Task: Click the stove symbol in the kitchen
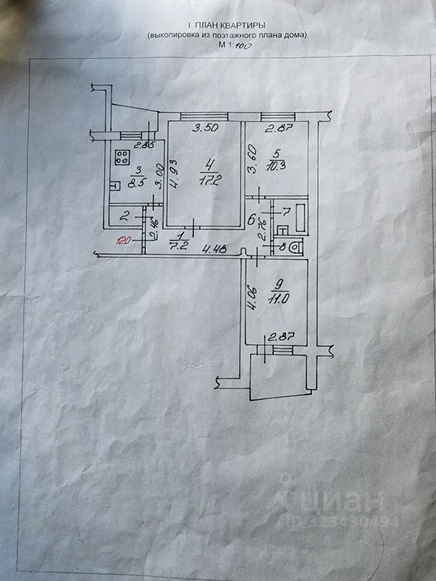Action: click(x=122, y=158)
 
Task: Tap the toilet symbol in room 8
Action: click(x=295, y=246)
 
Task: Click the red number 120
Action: click(x=124, y=240)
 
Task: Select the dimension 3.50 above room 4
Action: click(x=204, y=128)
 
